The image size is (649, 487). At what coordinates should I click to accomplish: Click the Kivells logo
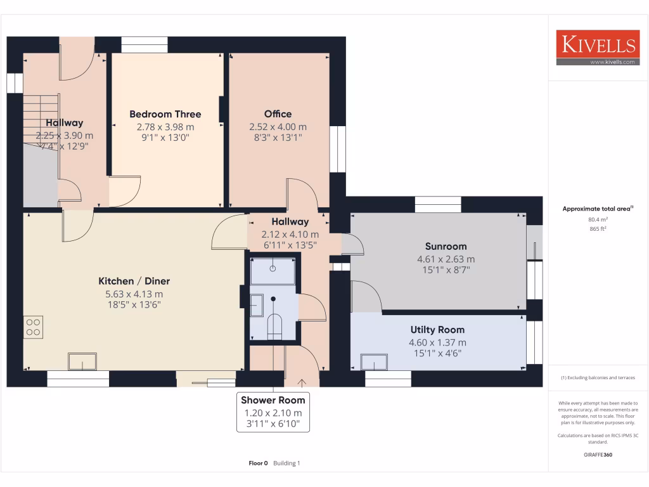(596, 48)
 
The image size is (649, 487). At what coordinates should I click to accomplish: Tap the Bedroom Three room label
(165, 114)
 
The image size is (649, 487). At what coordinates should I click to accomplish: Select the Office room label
(278, 114)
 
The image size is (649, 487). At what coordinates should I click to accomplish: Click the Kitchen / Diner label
(134, 281)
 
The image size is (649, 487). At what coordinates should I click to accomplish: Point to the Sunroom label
(446, 246)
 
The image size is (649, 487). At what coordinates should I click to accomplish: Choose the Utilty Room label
(437, 330)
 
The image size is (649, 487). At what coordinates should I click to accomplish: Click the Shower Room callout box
(273, 412)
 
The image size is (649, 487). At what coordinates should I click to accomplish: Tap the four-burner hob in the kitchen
(33, 326)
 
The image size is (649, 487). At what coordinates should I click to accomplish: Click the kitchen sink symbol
(82, 361)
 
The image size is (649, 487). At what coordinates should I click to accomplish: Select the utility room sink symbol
(374, 361)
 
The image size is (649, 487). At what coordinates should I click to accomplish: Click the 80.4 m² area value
(581, 220)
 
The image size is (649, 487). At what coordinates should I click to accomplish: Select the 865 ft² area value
(581, 229)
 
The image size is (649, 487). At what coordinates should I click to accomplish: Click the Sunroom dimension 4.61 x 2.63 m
(446, 259)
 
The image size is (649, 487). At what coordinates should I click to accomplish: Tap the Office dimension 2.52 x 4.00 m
(278, 126)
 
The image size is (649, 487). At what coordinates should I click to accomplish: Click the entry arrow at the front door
(301, 382)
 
